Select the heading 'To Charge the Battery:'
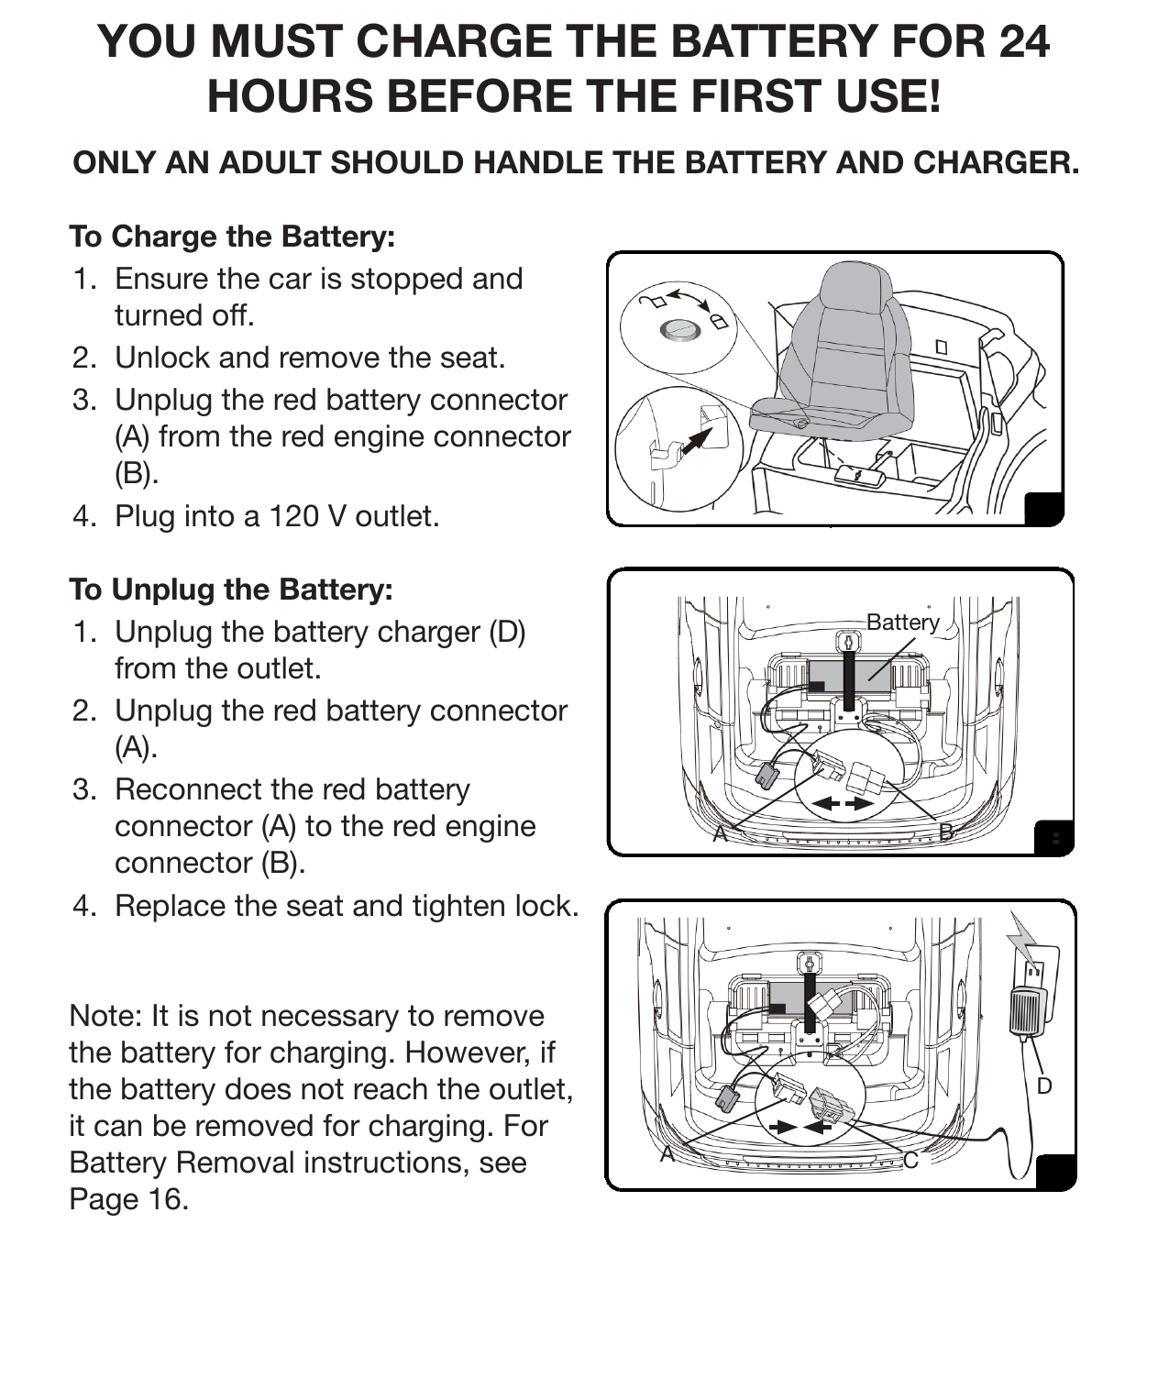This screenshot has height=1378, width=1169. pyautogui.click(x=232, y=237)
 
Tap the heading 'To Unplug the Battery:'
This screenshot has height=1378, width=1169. pyautogui.click(x=231, y=590)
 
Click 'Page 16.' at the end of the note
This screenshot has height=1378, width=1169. pyautogui.click(x=128, y=1199)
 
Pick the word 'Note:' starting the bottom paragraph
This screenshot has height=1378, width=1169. pyautogui.click(x=106, y=1016)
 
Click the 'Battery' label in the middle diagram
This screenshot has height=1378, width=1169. pyautogui.click(x=902, y=623)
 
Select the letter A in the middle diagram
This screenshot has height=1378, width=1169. pyautogui.click(x=721, y=833)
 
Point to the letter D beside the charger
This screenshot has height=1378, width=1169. pyautogui.click(x=1043, y=1086)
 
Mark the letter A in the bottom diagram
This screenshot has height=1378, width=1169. pyautogui.click(x=668, y=1154)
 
